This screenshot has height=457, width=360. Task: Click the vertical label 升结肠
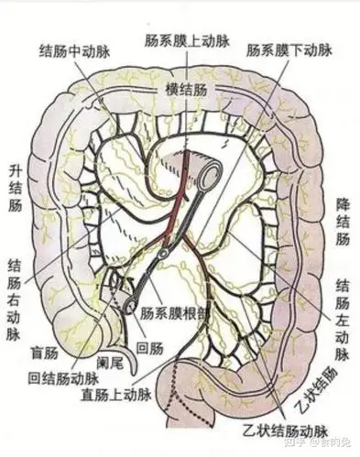coord(15,189)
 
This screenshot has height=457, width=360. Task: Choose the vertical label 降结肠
coord(344,221)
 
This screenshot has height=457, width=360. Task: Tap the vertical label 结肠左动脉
coord(342,308)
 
